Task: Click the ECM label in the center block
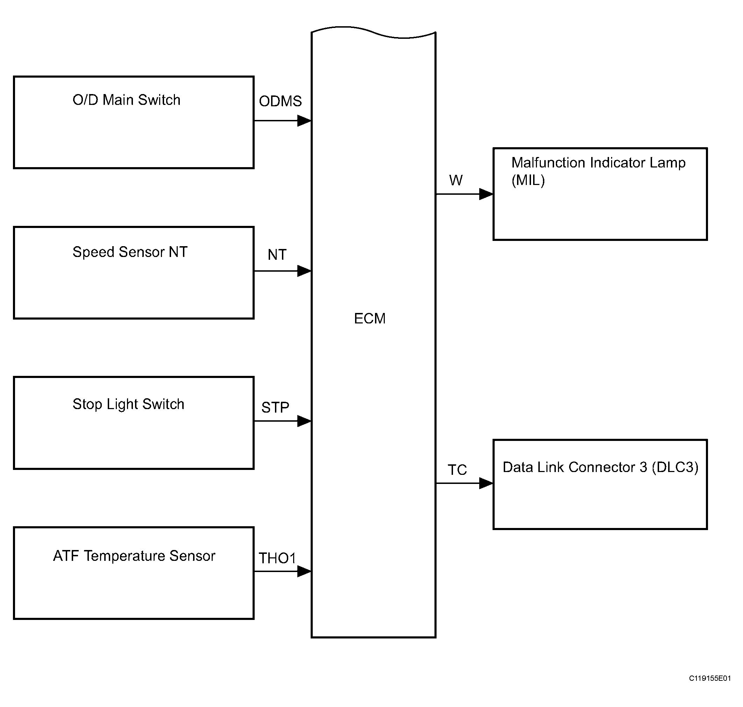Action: tap(369, 319)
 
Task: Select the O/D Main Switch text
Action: tap(126, 100)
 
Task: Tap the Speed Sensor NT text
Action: tap(130, 252)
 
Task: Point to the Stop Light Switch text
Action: tap(128, 404)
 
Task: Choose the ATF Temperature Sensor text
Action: tap(134, 556)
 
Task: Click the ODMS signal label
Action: tap(280, 101)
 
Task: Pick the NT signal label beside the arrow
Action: tap(277, 255)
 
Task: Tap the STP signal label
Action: tap(275, 407)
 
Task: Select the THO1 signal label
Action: tap(277, 558)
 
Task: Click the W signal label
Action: tap(456, 180)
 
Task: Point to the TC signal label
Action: tap(457, 470)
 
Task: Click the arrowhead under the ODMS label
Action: tap(304, 121)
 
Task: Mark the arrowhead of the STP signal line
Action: tap(304, 421)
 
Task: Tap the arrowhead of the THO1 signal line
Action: tap(304, 571)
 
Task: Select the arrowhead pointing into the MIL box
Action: tap(486, 194)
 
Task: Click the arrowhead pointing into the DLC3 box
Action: tap(486, 483)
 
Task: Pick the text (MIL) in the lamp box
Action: tap(528, 180)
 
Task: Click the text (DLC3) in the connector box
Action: tap(675, 467)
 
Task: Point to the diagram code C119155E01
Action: tap(710, 678)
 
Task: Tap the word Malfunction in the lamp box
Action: tap(549, 163)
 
